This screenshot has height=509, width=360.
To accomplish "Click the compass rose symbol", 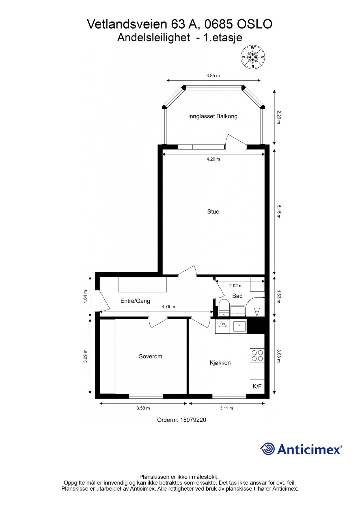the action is point(253,57).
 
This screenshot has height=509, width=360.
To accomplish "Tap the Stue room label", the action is point(213,212).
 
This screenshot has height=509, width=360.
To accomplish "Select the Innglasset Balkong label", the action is point(213,116).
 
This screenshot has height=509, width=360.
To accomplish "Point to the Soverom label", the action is point(150,356).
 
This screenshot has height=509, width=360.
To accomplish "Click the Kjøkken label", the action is point(220,363).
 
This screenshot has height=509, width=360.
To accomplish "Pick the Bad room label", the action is point(237,296).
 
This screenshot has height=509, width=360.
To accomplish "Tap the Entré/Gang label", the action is point(135,301).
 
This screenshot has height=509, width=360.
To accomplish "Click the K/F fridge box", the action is point(257,386).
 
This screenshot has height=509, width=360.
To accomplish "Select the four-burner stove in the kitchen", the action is point(257,356).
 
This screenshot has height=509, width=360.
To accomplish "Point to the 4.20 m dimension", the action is point(213,159).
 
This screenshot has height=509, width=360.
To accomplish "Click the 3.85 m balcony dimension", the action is point(213,76).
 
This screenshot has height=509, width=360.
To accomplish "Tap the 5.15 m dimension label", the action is point(278,212).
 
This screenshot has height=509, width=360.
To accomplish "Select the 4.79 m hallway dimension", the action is point(168,307).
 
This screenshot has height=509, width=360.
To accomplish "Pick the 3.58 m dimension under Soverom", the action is point(143,408).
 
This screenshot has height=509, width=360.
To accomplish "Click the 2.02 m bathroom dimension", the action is point(236,286).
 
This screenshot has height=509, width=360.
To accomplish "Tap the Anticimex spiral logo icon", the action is point(268,449).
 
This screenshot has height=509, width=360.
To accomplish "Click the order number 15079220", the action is point(193,420).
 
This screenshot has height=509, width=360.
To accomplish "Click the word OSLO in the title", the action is point(254,24).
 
